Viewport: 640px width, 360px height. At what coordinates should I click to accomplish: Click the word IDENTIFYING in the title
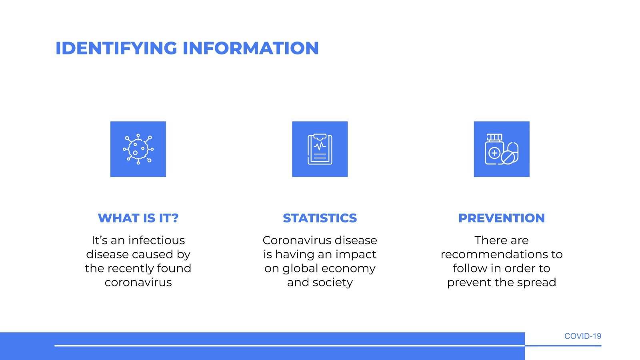point(116,48)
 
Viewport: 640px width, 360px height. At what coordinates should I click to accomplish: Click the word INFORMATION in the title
point(250,48)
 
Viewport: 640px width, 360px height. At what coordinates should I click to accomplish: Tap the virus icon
point(138,149)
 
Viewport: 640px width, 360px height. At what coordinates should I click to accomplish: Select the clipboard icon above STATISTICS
point(320,149)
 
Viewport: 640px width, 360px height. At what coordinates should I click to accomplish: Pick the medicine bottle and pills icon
point(502,149)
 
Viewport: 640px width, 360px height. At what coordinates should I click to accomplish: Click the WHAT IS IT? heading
point(138,218)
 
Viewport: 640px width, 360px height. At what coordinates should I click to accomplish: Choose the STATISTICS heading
point(320,218)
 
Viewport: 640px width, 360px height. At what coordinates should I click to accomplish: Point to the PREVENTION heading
point(502,218)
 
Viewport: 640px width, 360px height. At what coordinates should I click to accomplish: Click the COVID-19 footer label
point(583,336)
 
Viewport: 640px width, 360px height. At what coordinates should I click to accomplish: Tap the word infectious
point(156,240)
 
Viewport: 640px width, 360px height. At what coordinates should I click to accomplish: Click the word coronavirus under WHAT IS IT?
point(138,282)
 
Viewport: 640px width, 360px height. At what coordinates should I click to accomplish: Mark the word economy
point(348,269)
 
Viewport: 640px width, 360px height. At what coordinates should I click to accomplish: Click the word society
point(332,283)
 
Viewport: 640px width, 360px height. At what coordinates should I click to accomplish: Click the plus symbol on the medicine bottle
point(494,153)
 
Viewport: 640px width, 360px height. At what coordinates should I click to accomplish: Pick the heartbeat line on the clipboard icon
point(320,146)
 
